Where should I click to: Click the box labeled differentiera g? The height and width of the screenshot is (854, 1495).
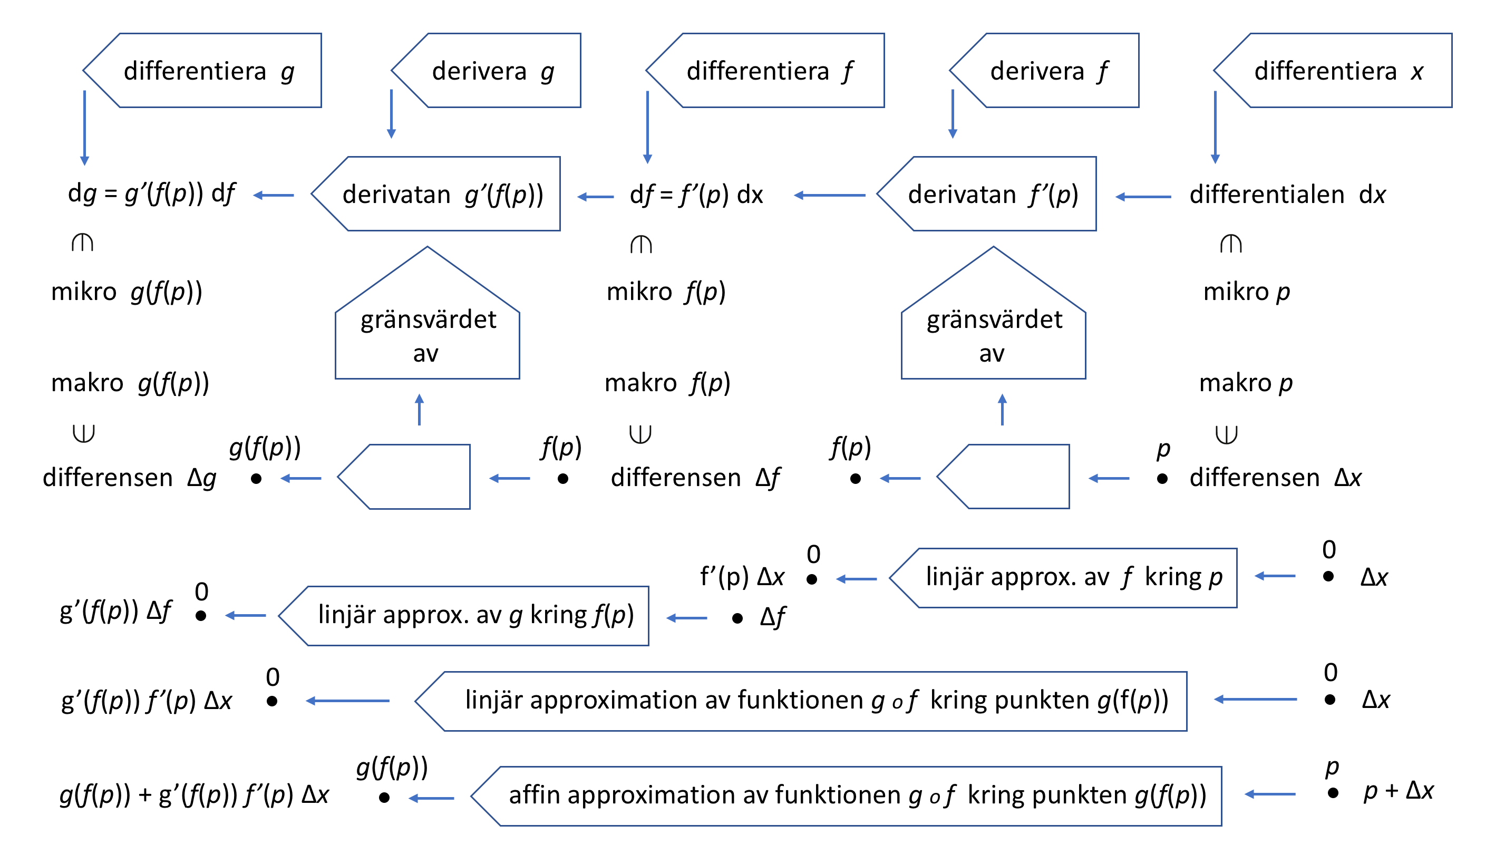(x=208, y=71)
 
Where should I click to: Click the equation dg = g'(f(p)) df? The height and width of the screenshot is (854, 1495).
(x=151, y=193)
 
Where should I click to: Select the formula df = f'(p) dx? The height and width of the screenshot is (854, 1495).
(x=696, y=195)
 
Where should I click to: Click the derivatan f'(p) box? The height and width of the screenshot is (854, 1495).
(x=993, y=194)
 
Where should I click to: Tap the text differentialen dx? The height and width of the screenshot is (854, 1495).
(x=1287, y=195)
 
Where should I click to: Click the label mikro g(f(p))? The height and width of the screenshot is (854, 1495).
(x=127, y=292)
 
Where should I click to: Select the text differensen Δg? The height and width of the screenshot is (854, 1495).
(x=129, y=478)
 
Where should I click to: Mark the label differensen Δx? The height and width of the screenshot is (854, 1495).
(x=1275, y=478)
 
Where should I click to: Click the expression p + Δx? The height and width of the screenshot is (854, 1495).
(x=1398, y=791)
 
